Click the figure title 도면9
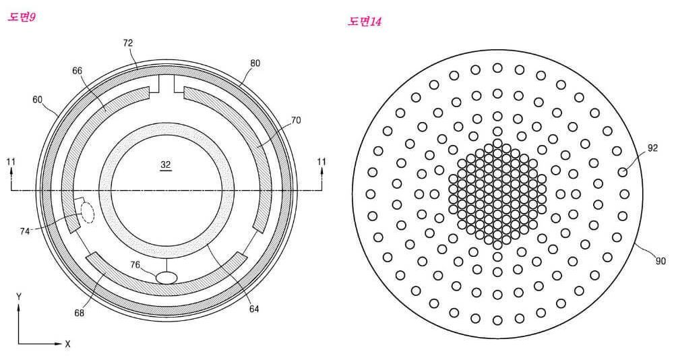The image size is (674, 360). [21, 18]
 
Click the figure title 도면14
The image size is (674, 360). [365, 22]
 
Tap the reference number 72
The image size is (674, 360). [127, 43]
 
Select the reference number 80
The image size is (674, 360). [255, 63]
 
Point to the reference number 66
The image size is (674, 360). [77, 71]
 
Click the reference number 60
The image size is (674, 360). [37, 100]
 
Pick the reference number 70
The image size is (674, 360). [296, 121]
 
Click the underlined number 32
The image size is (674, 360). [166, 164]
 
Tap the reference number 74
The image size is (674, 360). [24, 231]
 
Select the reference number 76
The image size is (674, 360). [135, 265]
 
